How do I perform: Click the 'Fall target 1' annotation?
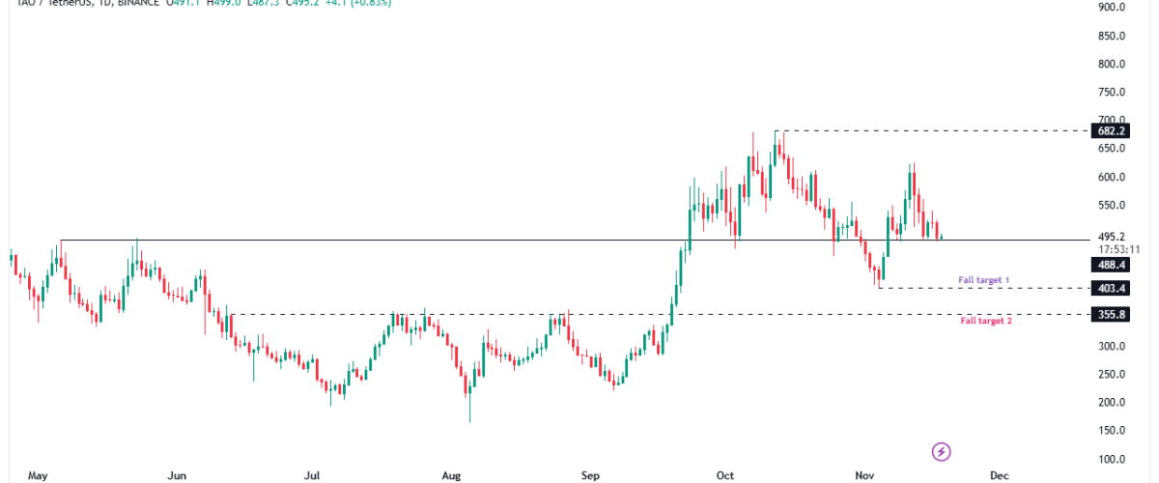(x=983, y=280)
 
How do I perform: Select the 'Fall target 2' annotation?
(x=985, y=321)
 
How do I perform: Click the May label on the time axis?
(x=38, y=475)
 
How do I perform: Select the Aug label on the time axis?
(x=452, y=475)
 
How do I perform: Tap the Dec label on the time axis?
(x=1000, y=475)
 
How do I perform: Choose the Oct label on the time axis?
(x=726, y=475)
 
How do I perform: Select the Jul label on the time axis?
(x=312, y=475)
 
